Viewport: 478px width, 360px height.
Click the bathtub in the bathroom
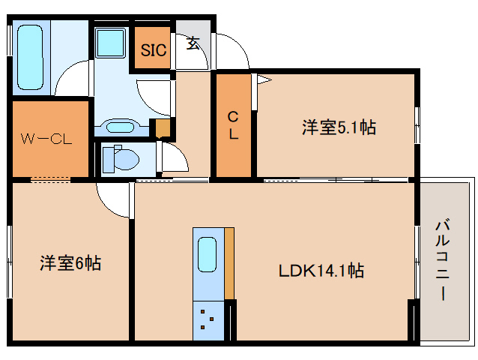tap(31, 58)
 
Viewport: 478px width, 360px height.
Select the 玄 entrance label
tap(193, 43)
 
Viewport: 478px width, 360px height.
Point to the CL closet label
tap(234, 125)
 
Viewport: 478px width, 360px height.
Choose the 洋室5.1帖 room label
tap(339, 127)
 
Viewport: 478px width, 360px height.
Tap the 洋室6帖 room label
tap(70, 263)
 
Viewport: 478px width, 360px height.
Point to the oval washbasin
tap(117, 127)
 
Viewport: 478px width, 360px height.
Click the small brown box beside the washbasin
tap(161, 128)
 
